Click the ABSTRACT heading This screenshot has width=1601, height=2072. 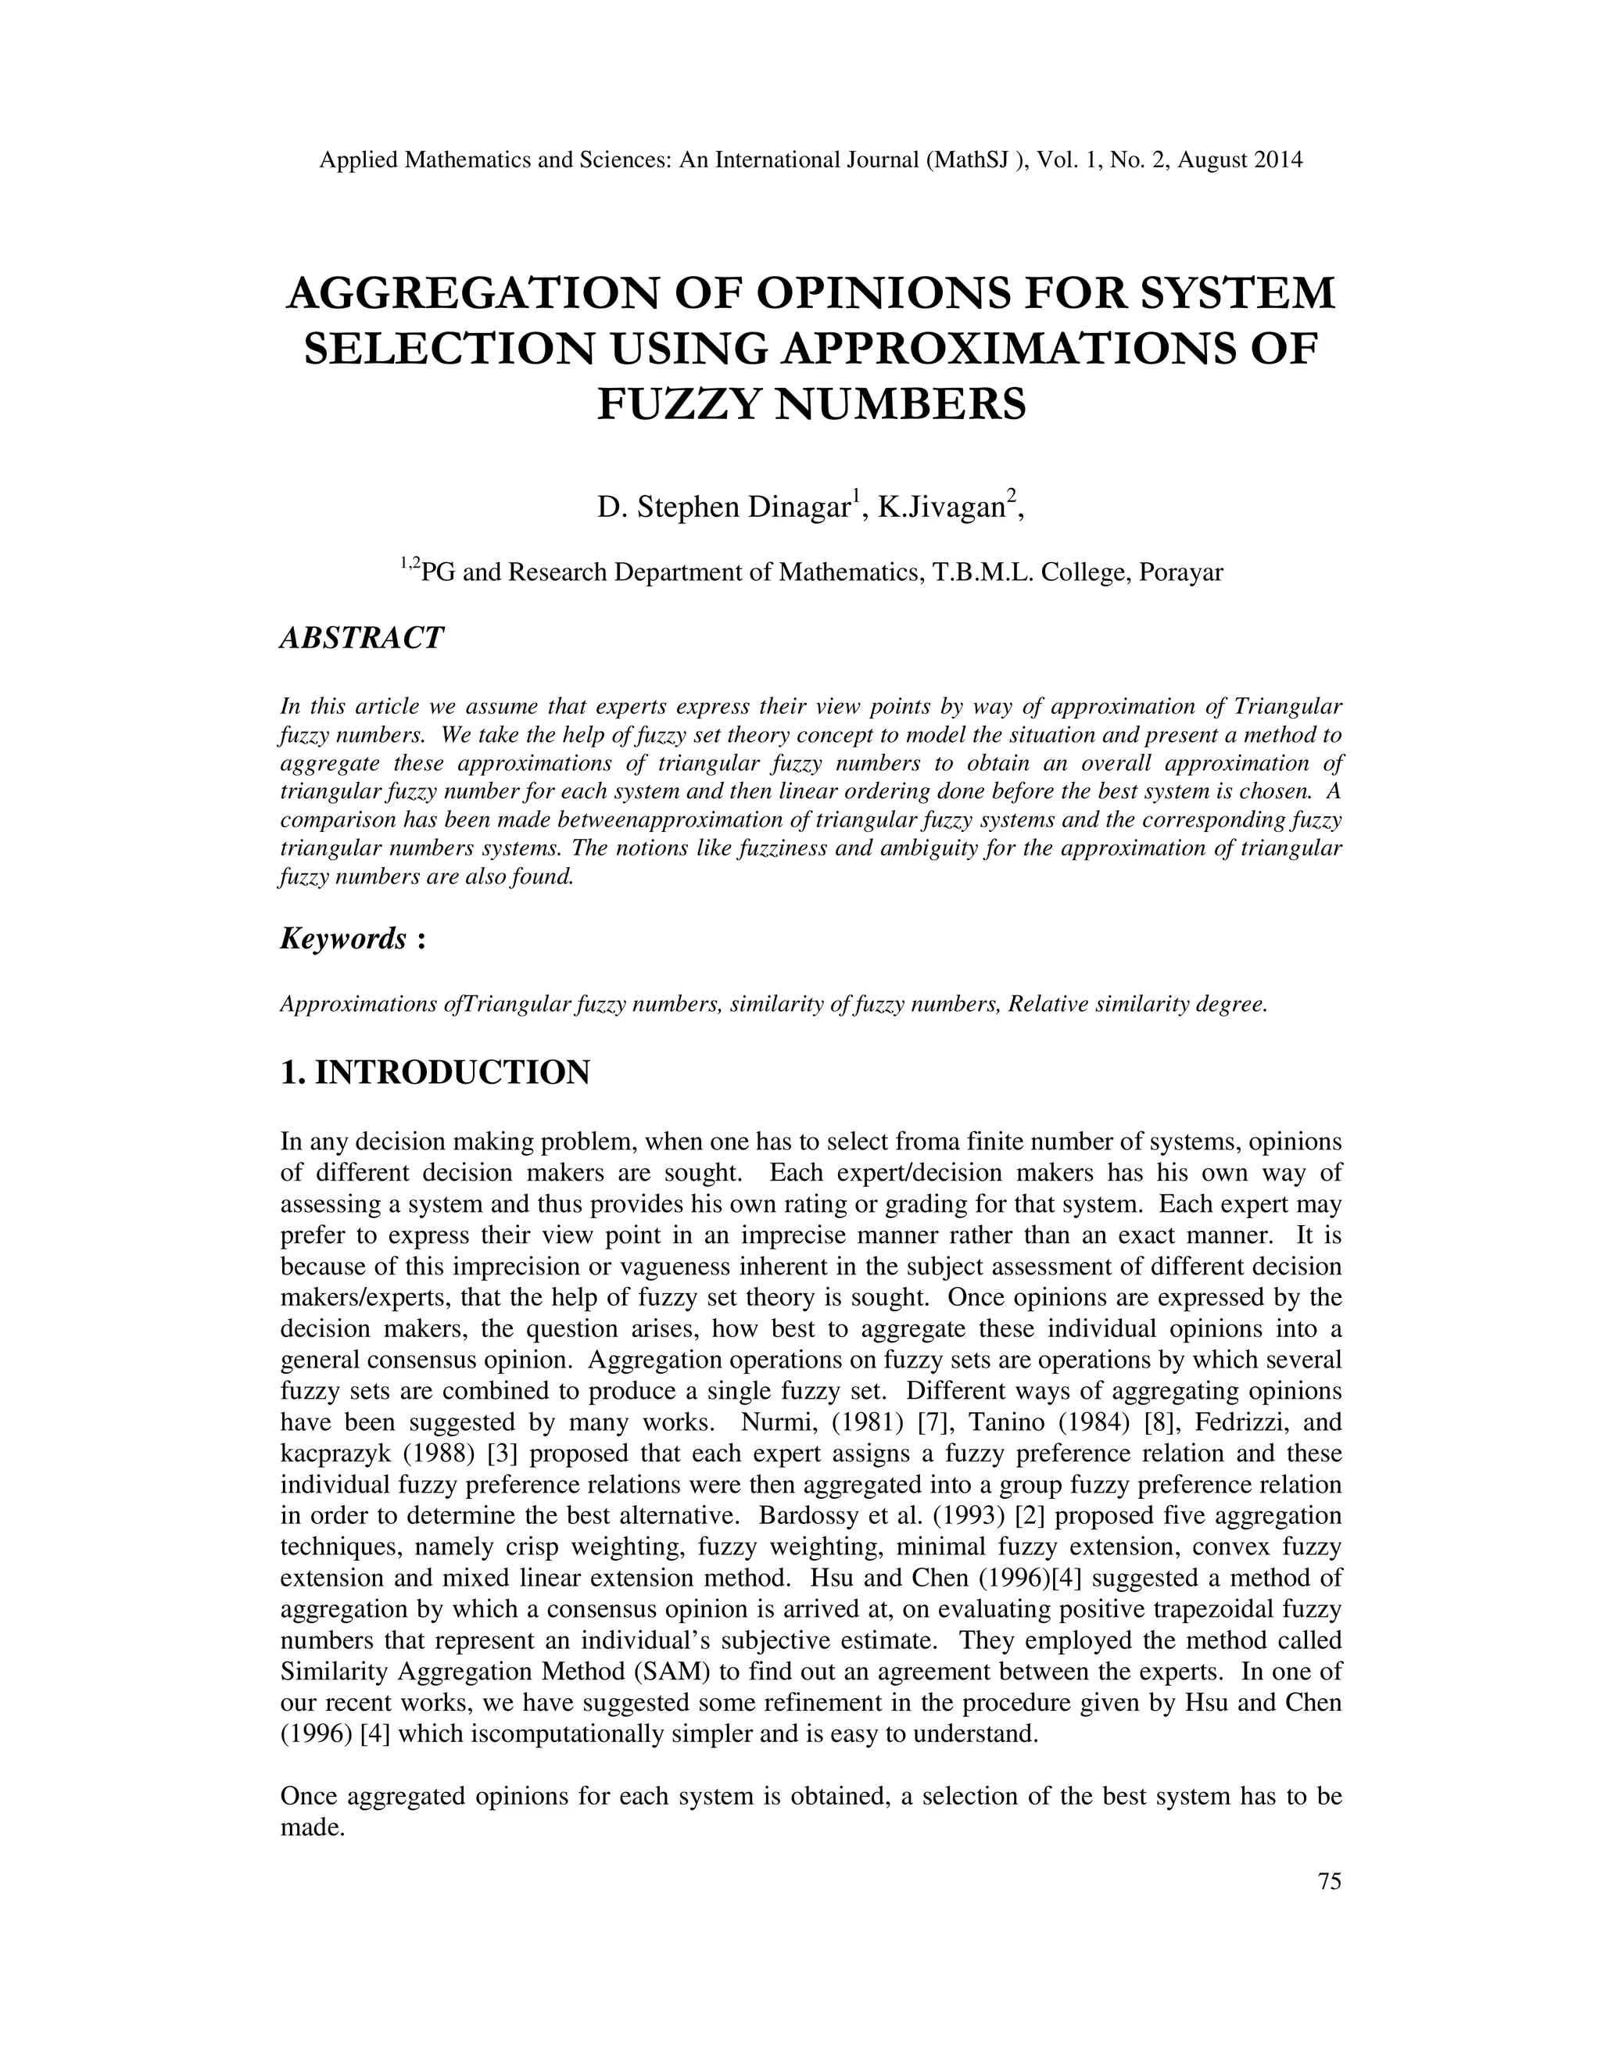361,637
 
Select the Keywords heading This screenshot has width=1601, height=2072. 343,938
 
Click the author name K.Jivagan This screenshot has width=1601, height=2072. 941,507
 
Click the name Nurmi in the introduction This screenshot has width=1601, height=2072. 774,1422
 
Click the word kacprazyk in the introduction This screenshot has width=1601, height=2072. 334,1454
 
